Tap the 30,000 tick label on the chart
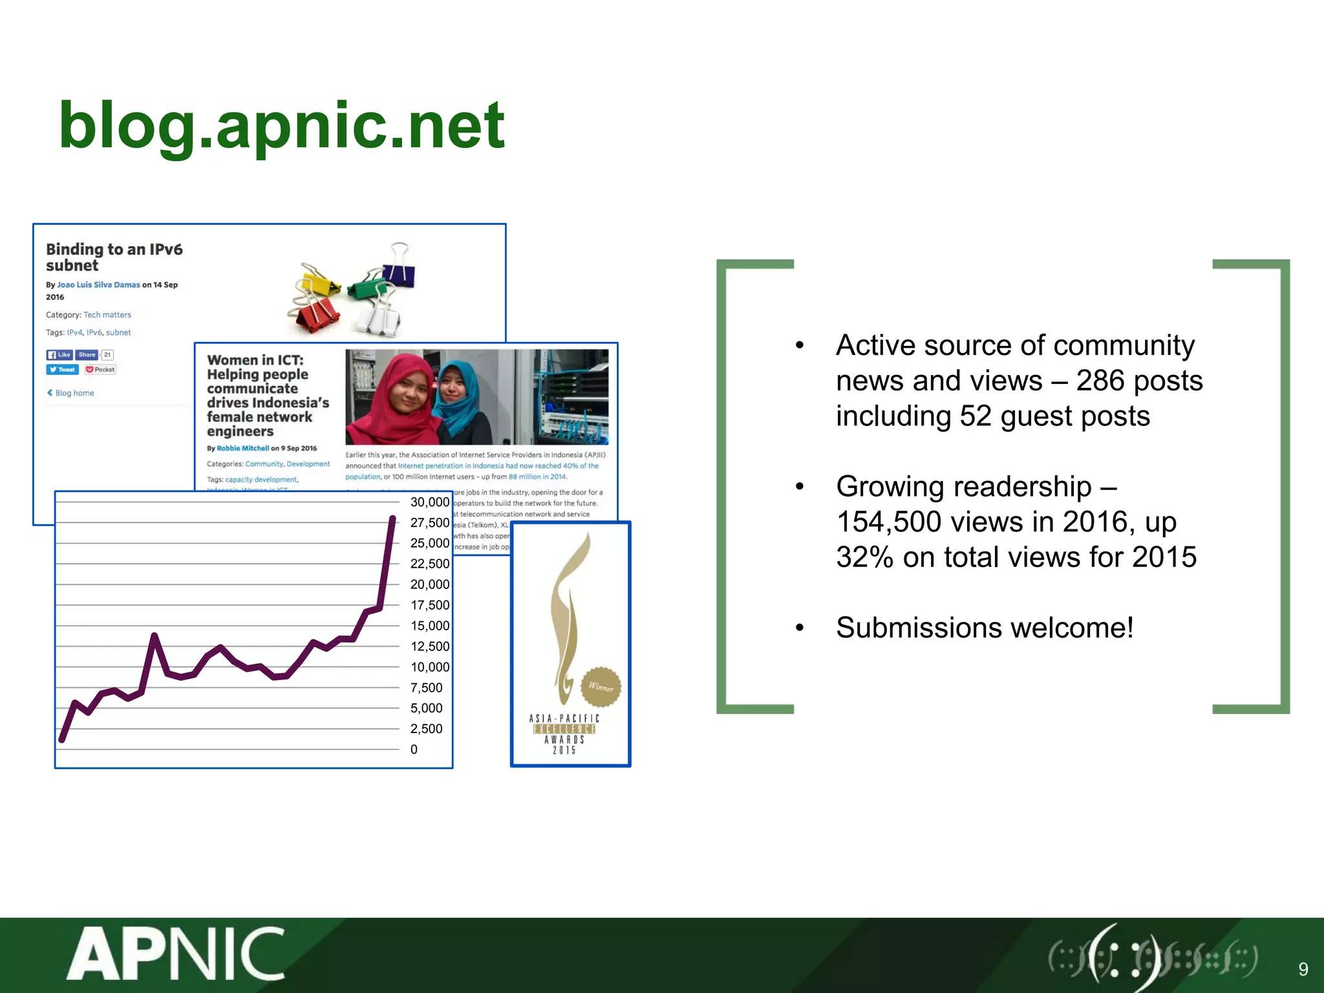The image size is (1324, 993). point(429,502)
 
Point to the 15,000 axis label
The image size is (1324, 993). point(429,626)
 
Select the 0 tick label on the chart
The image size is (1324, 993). point(414,750)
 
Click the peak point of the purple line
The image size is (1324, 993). point(392,518)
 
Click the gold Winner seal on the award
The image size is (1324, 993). point(601,687)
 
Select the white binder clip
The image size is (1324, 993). point(381,317)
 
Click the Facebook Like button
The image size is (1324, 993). point(59,355)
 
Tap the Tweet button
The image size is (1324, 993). point(62,370)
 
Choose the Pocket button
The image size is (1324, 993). point(100,370)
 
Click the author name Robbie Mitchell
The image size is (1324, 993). point(242,448)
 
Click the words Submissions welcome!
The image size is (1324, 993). point(984,628)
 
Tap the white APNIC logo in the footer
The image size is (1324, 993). point(176,954)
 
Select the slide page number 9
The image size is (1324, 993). point(1303,968)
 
